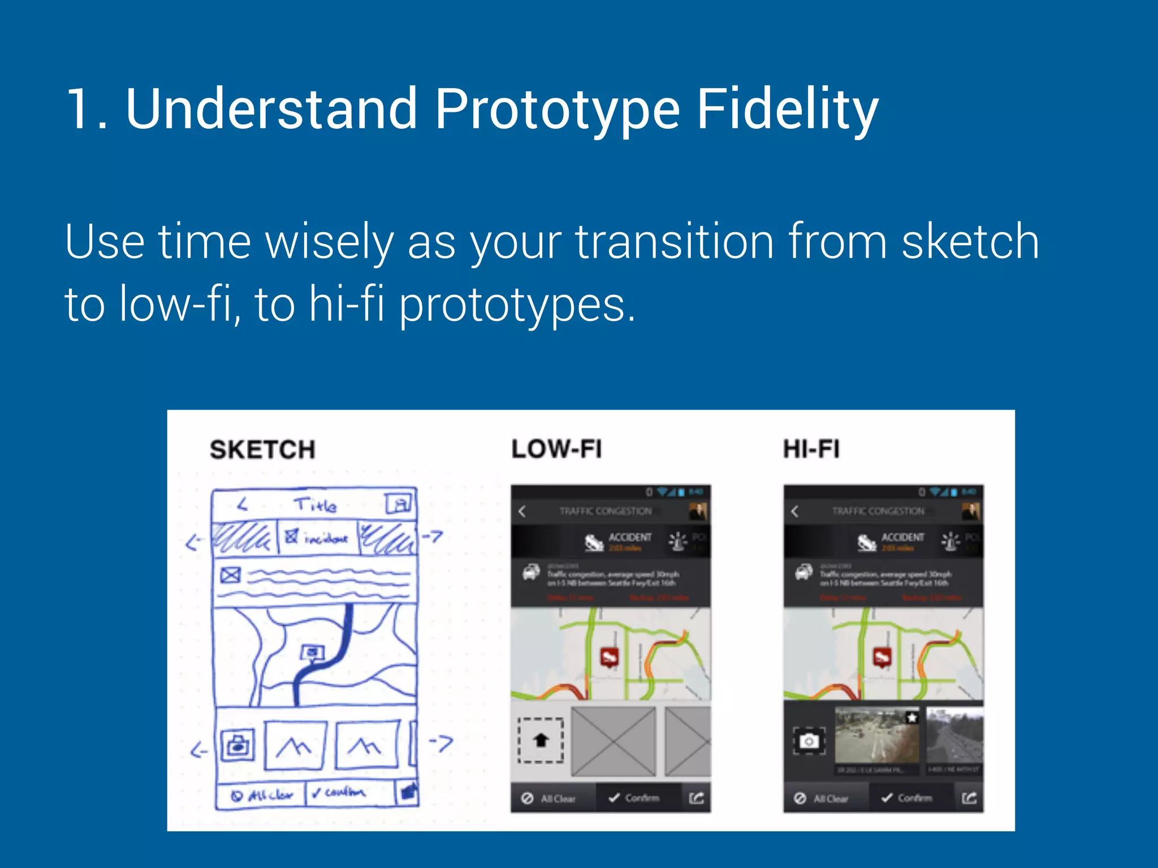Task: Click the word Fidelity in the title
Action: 787,108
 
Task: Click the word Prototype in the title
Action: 557,108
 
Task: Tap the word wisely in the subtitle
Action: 330,242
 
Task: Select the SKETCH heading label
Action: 262,450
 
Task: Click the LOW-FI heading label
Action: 556,449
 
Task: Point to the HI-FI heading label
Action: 811,449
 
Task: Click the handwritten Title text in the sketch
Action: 315,505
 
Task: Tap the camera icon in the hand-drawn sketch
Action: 237,745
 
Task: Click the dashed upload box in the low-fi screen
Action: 541,740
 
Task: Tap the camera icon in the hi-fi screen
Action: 809,740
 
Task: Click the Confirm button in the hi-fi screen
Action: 907,798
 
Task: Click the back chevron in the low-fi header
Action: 522,511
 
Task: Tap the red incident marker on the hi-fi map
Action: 882,657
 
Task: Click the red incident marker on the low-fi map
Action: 609,657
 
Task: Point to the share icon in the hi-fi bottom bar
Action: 969,798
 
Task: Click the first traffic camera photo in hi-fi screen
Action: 877,736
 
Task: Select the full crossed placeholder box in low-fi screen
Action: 613,741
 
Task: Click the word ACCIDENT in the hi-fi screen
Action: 902,537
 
